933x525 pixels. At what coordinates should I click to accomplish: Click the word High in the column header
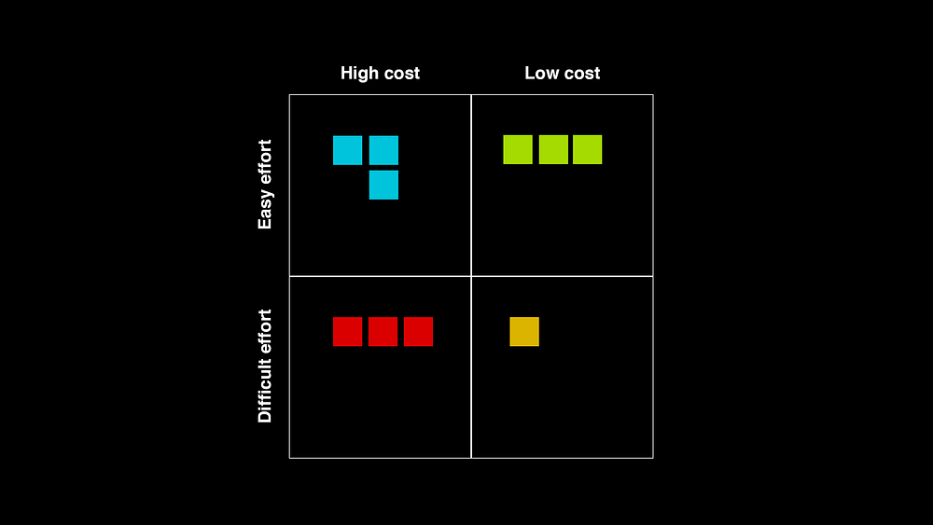pos(359,74)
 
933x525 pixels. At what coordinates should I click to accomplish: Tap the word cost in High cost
pos(401,74)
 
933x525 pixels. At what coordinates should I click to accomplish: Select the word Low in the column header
pos(542,73)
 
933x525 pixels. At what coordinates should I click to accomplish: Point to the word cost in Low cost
pos(582,74)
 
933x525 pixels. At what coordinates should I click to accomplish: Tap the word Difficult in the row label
pos(265,393)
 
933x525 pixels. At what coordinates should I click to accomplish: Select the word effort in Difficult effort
pos(265,334)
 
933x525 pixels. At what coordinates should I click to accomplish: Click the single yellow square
pos(524,332)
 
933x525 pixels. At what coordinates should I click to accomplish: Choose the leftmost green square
pos(518,150)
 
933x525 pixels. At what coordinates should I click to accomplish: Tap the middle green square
pos(553,150)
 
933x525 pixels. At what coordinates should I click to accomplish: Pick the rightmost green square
pos(587,150)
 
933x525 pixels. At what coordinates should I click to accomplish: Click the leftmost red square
pos(347,332)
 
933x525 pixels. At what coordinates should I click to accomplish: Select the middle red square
pos(383,332)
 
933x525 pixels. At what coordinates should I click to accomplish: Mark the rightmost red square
pos(418,332)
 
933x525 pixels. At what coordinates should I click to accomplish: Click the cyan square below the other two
pos(383,185)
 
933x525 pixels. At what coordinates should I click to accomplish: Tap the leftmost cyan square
pos(347,150)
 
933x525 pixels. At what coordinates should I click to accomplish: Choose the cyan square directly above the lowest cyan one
pos(383,150)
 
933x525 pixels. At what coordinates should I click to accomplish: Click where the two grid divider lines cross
pos(471,276)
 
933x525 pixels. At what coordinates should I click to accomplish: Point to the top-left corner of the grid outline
pos(290,94)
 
